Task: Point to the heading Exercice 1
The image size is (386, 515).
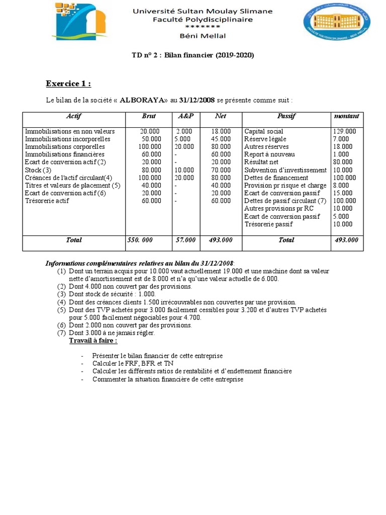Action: (x=68, y=83)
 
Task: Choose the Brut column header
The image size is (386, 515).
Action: (x=148, y=116)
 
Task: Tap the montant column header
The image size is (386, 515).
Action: (x=346, y=116)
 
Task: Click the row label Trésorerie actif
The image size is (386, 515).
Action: (x=47, y=201)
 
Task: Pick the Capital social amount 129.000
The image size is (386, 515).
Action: (x=344, y=131)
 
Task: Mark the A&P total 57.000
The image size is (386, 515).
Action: (x=185, y=240)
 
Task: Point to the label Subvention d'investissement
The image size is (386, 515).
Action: (x=285, y=170)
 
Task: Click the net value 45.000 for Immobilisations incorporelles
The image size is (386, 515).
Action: (x=221, y=139)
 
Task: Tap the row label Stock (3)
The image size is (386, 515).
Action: (x=38, y=170)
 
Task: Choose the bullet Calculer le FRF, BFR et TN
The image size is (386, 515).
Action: (x=132, y=363)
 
